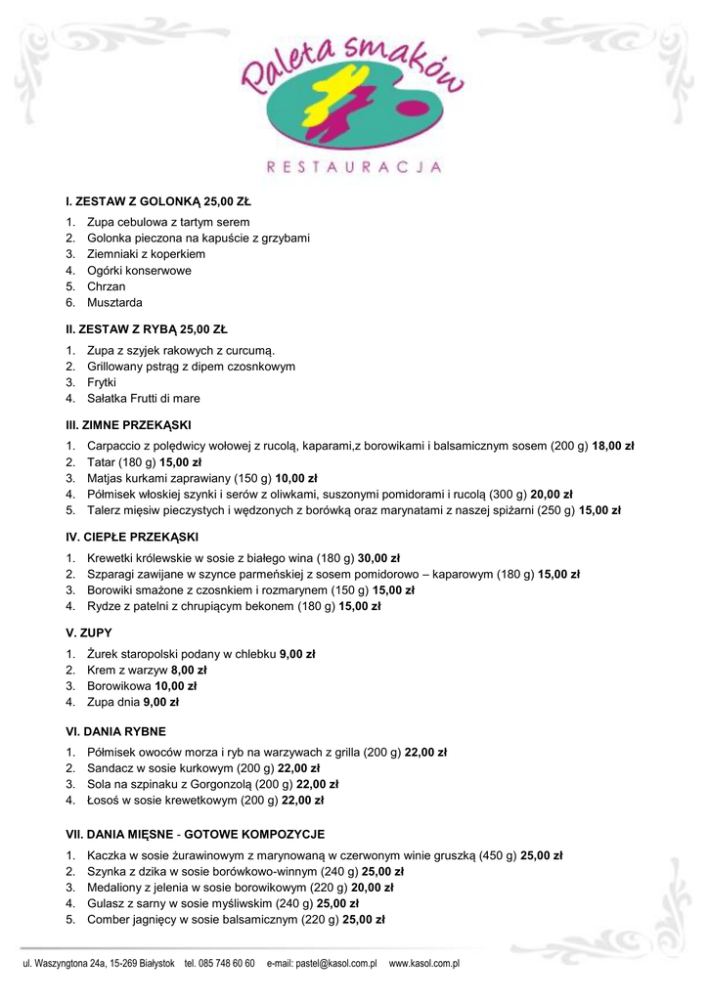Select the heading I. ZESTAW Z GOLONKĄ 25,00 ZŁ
(x=158, y=202)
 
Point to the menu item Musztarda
(x=114, y=303)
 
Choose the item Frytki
(x=102, y=382)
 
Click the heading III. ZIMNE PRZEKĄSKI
(x=129, y=425)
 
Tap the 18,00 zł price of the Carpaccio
(x=613, y=446)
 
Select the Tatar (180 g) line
(x=144, y=462)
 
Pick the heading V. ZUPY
(x=88, y=633)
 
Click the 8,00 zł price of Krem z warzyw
(x=189, y=670)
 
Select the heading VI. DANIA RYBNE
(x=115, y=730)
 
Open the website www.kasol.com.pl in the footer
(x=424, y=964)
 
